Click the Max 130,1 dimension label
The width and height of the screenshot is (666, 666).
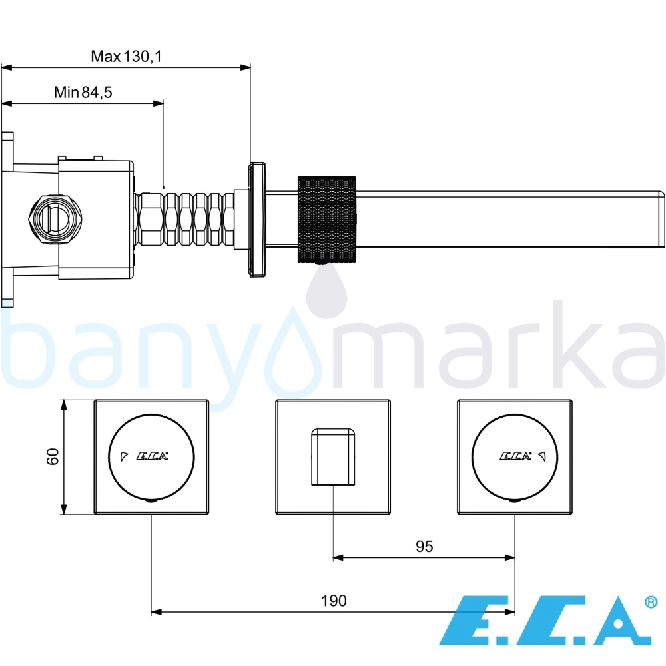click(x=126, y=56)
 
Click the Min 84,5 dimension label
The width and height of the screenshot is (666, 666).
click(x=83, y=92)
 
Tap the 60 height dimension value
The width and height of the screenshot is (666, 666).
click(x=53, y=457)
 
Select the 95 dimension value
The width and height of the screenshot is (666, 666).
click(x=424, y=547)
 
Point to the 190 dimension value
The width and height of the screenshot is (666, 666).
click(x=334, y=601)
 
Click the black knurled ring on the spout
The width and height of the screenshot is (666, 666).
click(x=326, y=220)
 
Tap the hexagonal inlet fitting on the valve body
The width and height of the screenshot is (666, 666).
click(x=56, y=219)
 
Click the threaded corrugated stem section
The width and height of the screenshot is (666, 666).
click(x=184, y=220)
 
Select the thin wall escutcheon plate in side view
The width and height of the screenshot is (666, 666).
click(x=257, y=220)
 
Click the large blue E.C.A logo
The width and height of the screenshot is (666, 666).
click(x=545, y=621)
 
